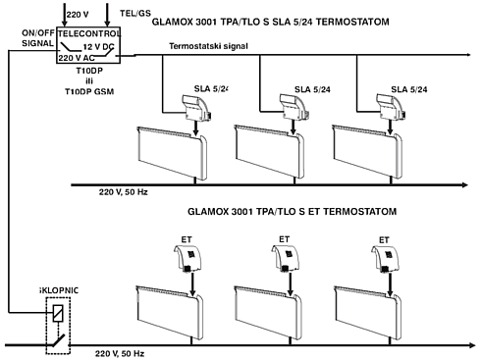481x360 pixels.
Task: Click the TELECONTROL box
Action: tap(88, 45)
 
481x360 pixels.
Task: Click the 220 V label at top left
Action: tap(78, 15)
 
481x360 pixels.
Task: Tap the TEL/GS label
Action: tap(135, 14)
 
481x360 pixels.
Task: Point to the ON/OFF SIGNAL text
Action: tap(38, 38)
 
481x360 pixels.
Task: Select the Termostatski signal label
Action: tap(208, 46)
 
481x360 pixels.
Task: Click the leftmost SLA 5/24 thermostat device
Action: tap(196, 106)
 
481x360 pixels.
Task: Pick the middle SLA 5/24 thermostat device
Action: tap(294, 106)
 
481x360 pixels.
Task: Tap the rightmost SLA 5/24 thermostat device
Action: tap(391, 106)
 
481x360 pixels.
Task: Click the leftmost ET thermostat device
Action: tap(187, 259)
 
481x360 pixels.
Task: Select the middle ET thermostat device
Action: tap(285, 259)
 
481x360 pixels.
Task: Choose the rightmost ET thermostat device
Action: tap(385, 259)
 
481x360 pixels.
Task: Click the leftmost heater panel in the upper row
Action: tap(172, 152)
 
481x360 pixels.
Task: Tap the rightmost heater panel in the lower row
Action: tap(368, 313)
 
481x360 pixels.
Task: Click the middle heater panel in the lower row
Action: tap(268, 313)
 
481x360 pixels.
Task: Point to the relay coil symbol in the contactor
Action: tap(58, 313)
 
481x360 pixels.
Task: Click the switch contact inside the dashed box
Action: tap(58, 340)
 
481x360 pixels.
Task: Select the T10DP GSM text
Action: tap(89, 91)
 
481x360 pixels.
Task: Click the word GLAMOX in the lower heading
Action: tap(208, 212)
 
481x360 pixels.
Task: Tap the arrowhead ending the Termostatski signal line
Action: tap(468, 55)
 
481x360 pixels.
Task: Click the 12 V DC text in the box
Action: tap(98, 47)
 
